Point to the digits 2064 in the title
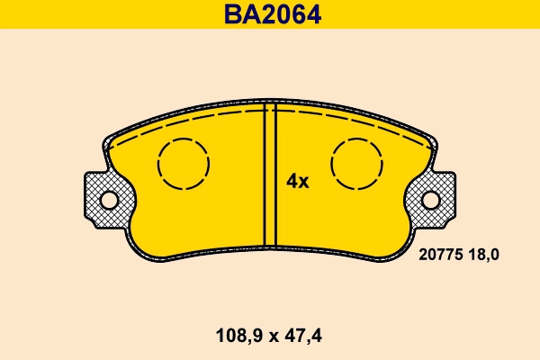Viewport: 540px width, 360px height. [289, 14]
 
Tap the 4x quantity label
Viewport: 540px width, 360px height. [297, 181]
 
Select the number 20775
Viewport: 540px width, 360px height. [441, 255]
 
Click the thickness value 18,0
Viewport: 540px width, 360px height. [482, 255]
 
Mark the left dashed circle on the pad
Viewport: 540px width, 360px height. [184, 164]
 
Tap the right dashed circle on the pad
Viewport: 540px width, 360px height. [357, 164]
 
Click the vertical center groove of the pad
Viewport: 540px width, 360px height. [269, 175]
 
